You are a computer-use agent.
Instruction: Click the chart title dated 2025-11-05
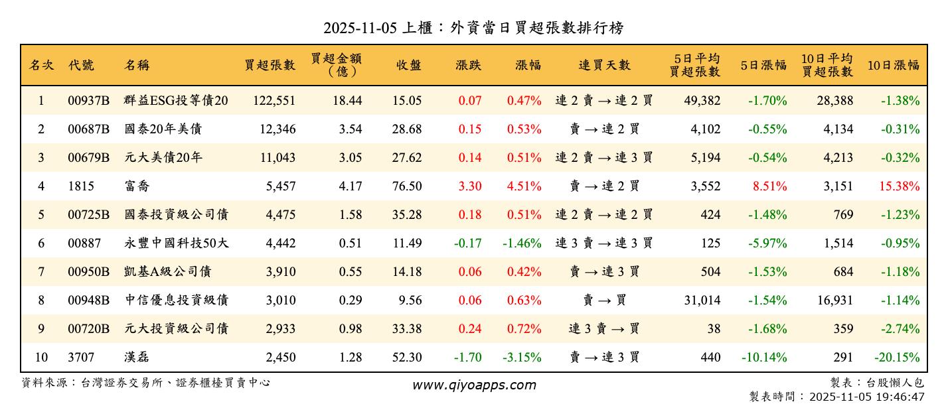pyautogui.click(x=473, y=28)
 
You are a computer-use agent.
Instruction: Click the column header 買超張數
pyautogui.click(x=270, y=65)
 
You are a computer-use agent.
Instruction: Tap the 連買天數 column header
pyautogui.click(x=604, y=65)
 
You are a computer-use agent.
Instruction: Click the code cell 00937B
pyautogui.click(x=88, y=101)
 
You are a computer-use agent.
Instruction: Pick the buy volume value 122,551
pyautogui.click(x=274, y=101)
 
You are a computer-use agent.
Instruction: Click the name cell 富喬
pyautogui.click(x=137, y=186)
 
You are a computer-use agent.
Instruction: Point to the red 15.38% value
pyautogui.click(x=900, y=186)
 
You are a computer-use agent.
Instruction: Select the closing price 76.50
pyautogui.click(x=407, y=186)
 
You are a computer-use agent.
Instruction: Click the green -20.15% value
pyautogui.click(x=897, y=358)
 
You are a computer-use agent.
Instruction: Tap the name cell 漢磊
pyautogui.click(x=137, y=358)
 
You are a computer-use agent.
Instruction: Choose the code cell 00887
pyautogui.click(x=84, y=243)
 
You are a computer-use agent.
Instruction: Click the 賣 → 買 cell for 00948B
pyautogui.click(x=604, y=301)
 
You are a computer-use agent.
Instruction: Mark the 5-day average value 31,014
pyautogui.click(x=702, y=301)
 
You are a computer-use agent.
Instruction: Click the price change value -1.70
pyautogui.click(x=468, y=358)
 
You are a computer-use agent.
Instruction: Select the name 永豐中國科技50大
pyautogui.click(x=177, y=243)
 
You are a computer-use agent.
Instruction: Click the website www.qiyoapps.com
pyautogui.click(x=473, y=385)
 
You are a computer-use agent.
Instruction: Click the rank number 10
pyautogui.click(x=41, y=358)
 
